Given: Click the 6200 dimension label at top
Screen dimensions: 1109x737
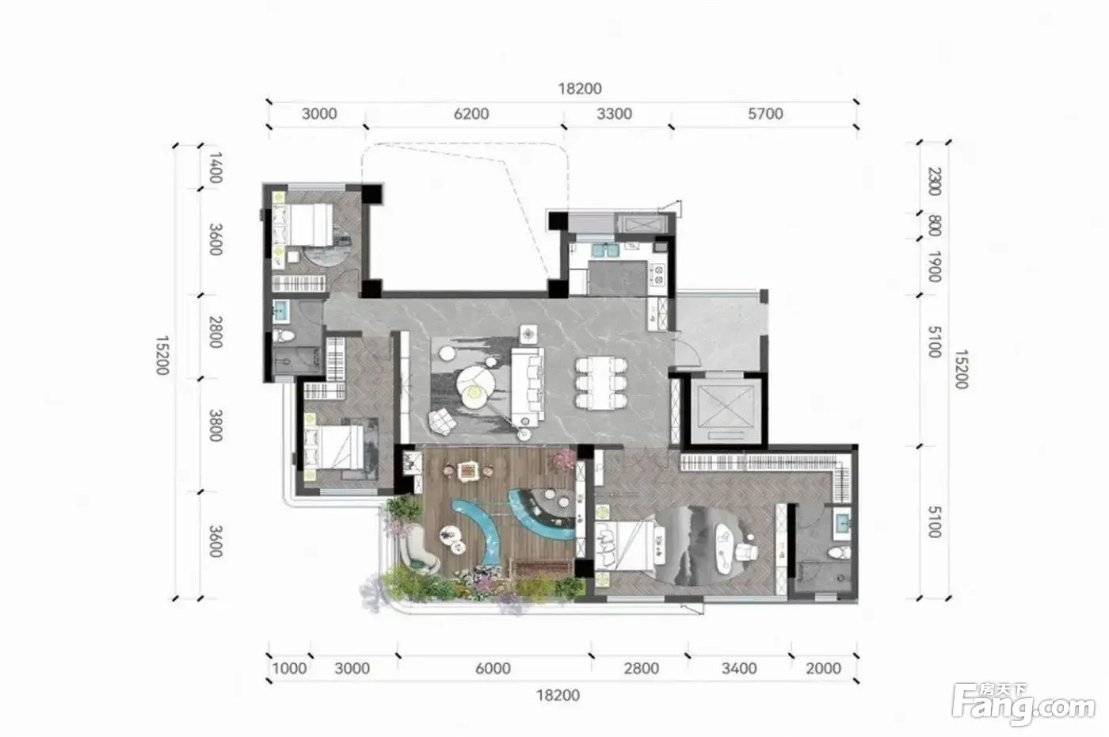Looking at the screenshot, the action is pos(471,114).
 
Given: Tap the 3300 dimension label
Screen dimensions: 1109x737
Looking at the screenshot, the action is pos(614,114).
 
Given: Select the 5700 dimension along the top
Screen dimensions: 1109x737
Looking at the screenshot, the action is pos(765,114).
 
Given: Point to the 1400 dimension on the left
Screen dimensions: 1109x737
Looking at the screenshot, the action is pos(215,167).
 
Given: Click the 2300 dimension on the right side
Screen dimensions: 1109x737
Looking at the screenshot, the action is pos(934,181).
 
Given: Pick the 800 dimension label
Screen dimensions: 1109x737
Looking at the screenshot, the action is pos(934,226).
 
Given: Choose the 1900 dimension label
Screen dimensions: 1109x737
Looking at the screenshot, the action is pos(934,266).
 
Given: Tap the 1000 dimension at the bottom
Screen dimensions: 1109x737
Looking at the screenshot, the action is pos(289,669).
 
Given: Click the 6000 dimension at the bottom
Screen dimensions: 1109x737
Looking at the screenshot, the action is pos(493,669).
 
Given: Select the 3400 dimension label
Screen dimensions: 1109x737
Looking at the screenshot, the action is pos(738,669).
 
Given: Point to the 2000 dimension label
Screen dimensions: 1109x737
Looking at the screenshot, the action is pos(823,669).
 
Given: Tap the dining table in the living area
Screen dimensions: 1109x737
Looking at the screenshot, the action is pos(600,383).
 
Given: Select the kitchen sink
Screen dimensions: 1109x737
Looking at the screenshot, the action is pos(607,250).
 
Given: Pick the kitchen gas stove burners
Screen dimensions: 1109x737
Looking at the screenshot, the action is pos(658,274).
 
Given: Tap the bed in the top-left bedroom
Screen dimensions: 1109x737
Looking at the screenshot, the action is pos(303,224).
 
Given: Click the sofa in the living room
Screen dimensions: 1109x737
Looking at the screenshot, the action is pos(528,387).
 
